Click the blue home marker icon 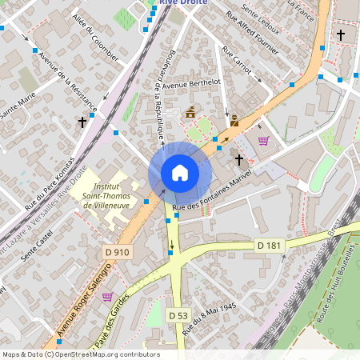coord(180,172)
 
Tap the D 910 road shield coord(117,252)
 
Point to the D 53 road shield coord(178,316)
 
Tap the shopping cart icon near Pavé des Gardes coord(107,296)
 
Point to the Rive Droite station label coord(183,3)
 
